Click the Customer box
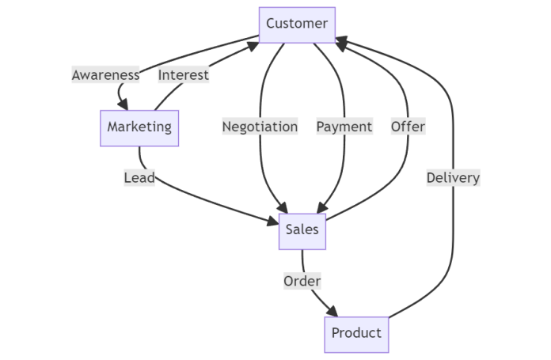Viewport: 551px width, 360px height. pos(297,24)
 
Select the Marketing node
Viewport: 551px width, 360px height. pos(139,127)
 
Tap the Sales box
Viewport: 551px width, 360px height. pos(302,230)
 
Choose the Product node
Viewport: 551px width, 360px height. pos(356,333)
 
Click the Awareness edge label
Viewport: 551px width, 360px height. pos(105,75)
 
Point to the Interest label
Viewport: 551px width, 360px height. pos(184,75)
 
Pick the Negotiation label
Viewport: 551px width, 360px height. pos(260,127)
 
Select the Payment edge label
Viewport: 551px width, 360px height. pos(344,127)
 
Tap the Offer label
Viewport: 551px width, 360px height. pos(408,127)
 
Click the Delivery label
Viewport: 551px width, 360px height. pos(453,178)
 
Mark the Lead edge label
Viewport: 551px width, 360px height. pos(139,178)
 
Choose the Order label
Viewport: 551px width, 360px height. pos(302,281)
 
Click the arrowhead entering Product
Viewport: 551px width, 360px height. pos(336,312)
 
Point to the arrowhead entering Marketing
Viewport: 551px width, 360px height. pos(123,104)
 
